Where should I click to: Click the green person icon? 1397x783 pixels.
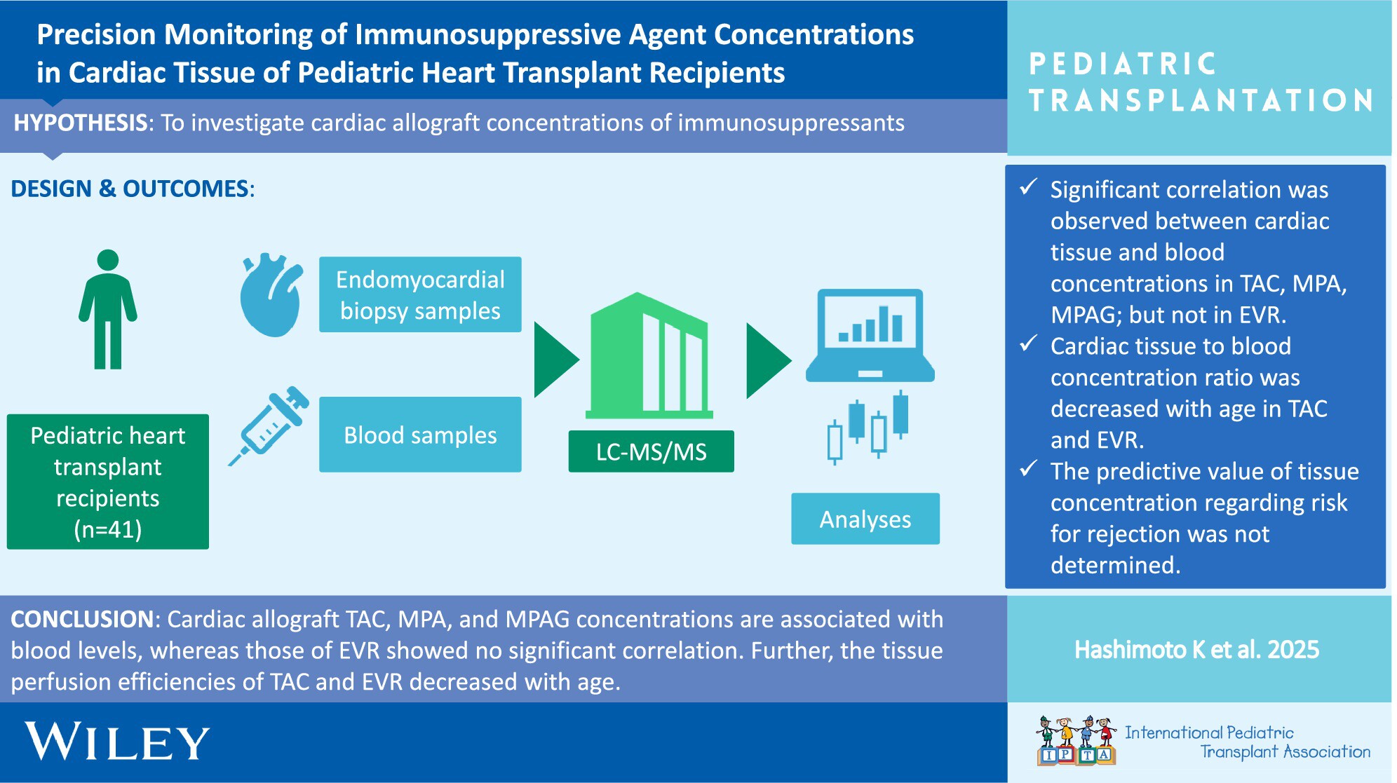pos(107,309)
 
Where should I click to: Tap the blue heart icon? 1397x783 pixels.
pos(271,295)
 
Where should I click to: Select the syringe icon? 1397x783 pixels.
pos(269,425)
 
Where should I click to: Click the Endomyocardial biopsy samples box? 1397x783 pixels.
pos(420,294)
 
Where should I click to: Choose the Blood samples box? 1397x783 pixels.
pos(420,435)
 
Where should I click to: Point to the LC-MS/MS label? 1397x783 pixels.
pos(652,451)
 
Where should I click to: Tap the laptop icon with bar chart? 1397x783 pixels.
pos(870,335)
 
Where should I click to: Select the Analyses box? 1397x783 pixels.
pos(865,519)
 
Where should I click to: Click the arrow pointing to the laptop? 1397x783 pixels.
pos(768,361)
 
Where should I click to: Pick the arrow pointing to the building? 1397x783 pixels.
pos(556,360)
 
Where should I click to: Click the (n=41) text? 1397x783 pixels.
pos(108,529)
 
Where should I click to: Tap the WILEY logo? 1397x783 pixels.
pos(117,742)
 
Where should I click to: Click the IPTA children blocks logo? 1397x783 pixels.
pos(1077,740)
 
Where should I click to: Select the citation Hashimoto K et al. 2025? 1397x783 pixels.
pos(1197,650)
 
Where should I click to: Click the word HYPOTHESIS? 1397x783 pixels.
pos(81,123)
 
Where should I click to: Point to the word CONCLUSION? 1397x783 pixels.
pos(82,619)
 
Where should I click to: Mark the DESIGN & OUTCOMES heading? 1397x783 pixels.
pos(133,189)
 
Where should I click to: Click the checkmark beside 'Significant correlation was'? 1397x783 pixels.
pos(1029,187)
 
